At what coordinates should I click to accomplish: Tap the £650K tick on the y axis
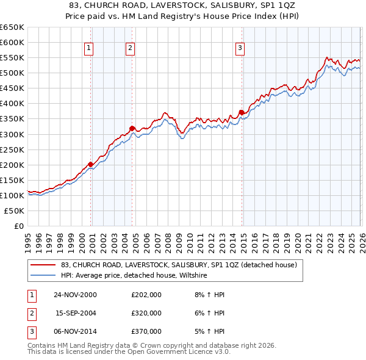click(12, 27)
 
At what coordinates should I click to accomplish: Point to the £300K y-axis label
click(12, 134)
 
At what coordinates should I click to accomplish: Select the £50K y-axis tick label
click(15, 211)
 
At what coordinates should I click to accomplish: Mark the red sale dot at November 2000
click(91, 164)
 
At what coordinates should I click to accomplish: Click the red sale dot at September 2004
click(132, 128)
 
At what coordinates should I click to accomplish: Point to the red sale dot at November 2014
click(242, 112)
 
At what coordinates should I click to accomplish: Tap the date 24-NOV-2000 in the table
click(75, 295)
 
